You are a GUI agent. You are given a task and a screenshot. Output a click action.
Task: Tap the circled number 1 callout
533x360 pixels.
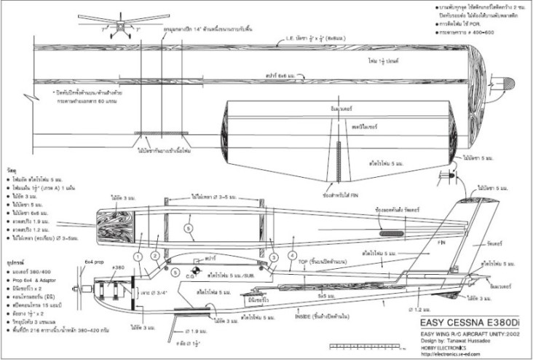point(138,257)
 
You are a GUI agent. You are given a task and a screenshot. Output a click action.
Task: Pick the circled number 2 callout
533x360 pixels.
point(155,257)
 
